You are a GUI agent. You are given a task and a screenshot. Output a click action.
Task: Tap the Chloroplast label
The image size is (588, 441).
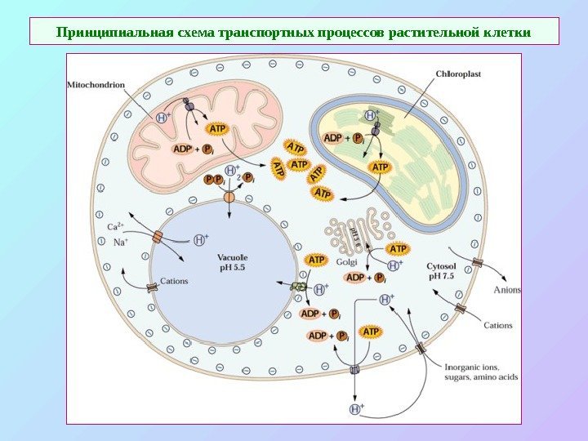[458, 73]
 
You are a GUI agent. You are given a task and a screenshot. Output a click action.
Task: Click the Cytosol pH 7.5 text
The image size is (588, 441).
[448, 270]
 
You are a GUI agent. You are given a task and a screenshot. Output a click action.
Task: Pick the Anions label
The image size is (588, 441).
[508, 289]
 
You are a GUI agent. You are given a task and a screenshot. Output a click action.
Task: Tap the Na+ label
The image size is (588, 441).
[119, 241]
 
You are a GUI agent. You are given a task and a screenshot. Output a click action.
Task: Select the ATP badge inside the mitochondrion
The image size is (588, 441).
[218, 129]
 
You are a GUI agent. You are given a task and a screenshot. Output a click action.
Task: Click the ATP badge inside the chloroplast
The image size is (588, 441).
[380, 167]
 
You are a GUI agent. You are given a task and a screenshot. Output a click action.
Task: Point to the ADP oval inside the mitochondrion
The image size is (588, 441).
[183, 149]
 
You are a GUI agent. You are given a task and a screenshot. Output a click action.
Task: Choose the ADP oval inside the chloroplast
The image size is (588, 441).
[333, 138]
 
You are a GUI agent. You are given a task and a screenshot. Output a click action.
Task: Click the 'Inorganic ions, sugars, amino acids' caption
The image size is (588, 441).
[482, 371]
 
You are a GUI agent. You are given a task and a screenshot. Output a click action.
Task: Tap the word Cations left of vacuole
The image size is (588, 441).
[172, 281]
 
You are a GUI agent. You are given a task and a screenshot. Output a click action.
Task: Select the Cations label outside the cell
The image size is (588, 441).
[498, 325]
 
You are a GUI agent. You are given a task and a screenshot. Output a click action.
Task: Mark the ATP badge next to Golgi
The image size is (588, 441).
[398, 248]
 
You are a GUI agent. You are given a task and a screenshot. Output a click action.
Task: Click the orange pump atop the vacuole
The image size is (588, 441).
[229, 197]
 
